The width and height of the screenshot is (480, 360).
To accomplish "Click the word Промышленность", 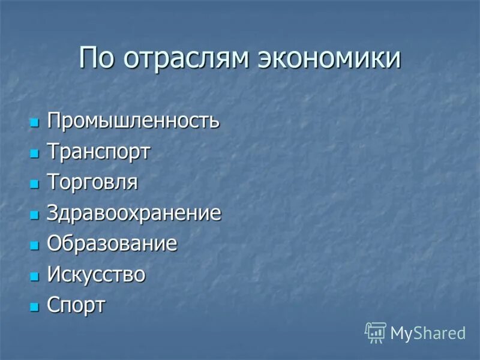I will (x=133, y=121).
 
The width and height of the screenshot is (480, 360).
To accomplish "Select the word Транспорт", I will (x=98, y=152).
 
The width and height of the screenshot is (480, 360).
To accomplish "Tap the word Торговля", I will (x=92, y=182).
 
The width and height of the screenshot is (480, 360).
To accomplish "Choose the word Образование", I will (x=112, y=244).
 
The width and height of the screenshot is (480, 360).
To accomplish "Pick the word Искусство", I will (x=96, y=274).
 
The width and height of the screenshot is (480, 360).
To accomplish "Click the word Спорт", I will (x=76, y=305).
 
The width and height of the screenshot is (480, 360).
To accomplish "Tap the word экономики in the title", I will (x=329, y=58).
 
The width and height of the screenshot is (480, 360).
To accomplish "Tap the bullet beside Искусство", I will (x=34, y=277).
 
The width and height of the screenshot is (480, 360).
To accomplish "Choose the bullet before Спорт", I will (x=34, y=307).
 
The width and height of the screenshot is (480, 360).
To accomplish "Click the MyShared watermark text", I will (x=428, y=333).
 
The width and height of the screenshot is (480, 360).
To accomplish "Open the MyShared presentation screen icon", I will (x=375, y=332).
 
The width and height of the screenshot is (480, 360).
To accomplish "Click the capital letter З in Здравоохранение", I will (x=52, y=213).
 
